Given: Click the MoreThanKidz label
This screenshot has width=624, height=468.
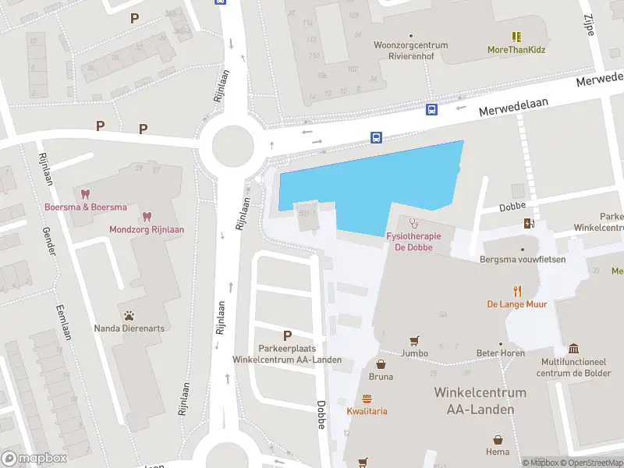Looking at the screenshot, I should point(516,50).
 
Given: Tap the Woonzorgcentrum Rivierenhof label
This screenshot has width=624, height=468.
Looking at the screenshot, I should point(411,50).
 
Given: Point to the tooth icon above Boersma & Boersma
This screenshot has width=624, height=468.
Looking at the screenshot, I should point(86,193).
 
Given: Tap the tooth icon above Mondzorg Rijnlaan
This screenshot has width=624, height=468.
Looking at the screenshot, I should point(145,216).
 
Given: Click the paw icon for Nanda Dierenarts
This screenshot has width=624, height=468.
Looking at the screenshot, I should point(129,316).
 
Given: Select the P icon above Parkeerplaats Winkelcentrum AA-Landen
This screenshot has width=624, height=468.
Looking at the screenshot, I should point(287,335).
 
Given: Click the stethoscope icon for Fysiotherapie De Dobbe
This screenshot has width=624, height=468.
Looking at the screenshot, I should point(413,223).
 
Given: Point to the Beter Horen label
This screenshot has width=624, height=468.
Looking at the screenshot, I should point(501,353).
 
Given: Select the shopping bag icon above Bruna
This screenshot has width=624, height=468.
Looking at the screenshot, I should point(381,363).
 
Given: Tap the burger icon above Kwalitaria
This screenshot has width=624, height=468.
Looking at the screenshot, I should point(367,398).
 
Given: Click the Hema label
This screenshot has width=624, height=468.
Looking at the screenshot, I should point(497,452).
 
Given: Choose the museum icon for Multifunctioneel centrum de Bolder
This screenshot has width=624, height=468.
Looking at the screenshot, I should point(574,348).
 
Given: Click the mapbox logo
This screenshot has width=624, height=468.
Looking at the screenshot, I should point(34,459).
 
